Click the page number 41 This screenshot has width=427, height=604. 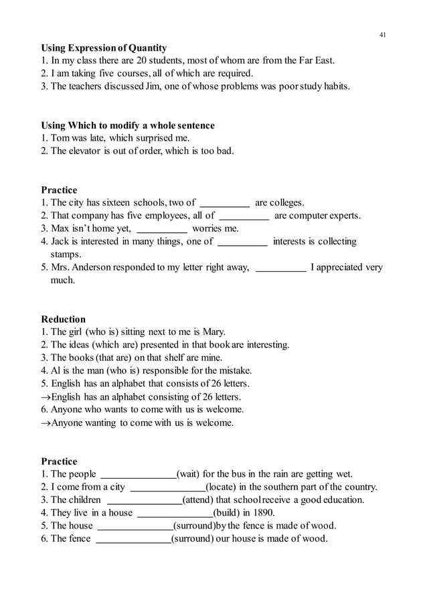(x=382, y=35)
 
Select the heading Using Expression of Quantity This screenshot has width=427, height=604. (x=104, y=48)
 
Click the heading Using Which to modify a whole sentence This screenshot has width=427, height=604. (x=128, y=125)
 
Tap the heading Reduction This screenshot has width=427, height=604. (x=64, y=319)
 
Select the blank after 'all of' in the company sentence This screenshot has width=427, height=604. (x=244, y=216)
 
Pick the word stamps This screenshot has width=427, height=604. (x=66, y=255)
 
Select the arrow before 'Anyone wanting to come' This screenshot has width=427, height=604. (x=46, y=423)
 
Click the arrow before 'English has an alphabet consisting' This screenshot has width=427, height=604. (x=46, y=396)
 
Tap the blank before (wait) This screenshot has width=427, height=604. (x=137, y=475)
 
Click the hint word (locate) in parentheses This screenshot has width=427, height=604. (x=225, y=487)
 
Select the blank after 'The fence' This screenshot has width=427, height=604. (x=133, y=539)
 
